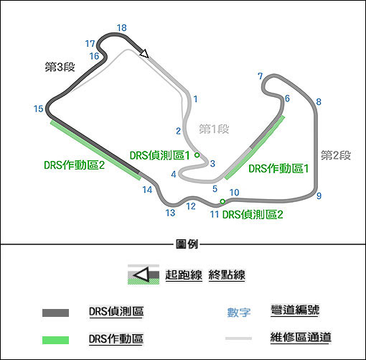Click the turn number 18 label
point(122,28)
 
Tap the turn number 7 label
point(261,76)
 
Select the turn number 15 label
point(38,109)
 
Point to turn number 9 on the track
point(319,195)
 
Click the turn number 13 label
point(170,213)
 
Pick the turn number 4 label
point(174,175)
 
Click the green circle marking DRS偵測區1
point(197,155)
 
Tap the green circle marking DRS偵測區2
point(222,201)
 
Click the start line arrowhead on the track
point(144,53)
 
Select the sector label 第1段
point(214,129)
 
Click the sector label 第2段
point(336,155)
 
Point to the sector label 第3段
point(60,67)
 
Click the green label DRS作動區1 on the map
point(278,169)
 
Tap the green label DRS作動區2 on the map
point(75,165)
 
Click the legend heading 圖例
point(187,244)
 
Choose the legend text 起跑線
point(184,274)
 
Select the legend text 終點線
point(227,274)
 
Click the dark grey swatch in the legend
point(55,313)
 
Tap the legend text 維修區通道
point(301,337)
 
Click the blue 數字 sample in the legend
point(239,313)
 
